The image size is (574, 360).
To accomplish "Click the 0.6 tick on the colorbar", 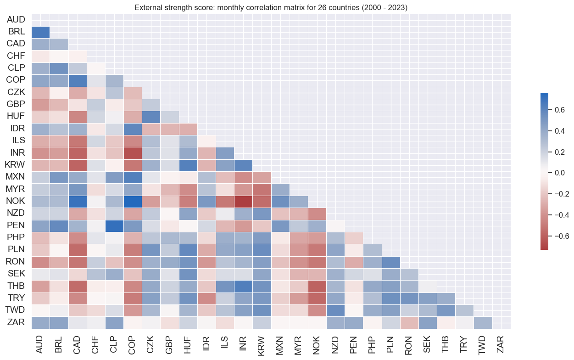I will pos(557,110).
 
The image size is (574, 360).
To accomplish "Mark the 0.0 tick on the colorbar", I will pos(557,173).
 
